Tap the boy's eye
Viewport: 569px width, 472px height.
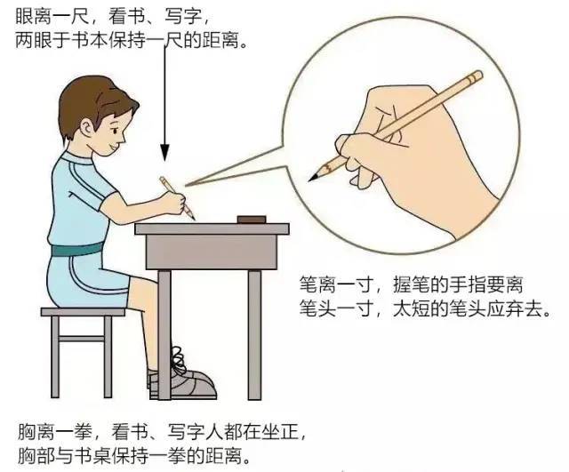115,131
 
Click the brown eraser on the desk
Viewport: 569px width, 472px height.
252,220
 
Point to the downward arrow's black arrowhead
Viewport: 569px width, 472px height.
165,152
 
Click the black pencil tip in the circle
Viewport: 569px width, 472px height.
313,178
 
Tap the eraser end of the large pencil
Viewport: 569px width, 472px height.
475,77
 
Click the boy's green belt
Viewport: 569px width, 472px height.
77,250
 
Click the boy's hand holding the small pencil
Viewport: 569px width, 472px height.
173,203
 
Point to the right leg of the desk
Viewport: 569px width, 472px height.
254,334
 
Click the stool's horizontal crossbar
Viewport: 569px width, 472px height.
82,339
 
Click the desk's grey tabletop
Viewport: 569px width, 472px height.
212,229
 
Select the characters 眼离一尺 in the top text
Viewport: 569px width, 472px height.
52,16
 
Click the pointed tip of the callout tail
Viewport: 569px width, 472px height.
186,186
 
